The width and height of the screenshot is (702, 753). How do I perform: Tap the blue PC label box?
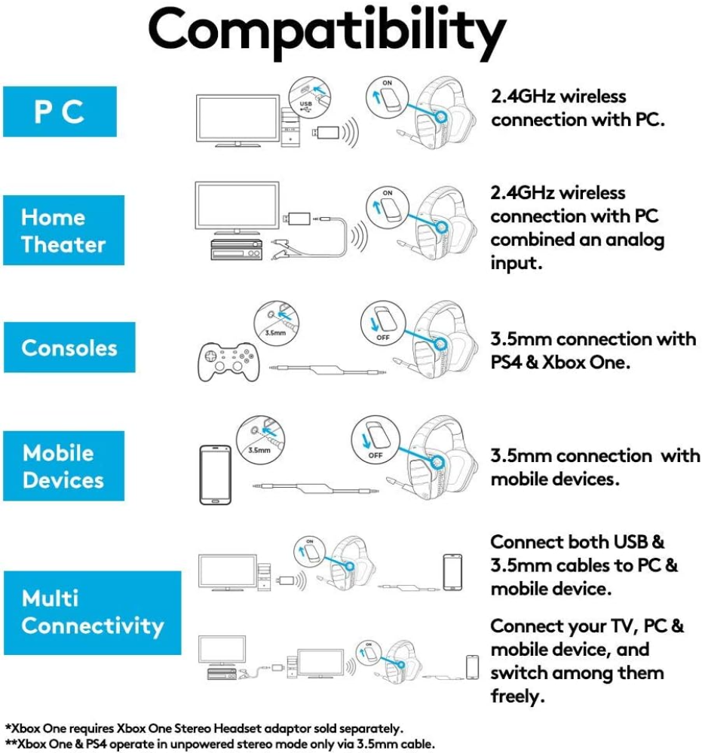(x=60, y=112)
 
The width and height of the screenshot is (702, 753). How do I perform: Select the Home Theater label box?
(x=63, y=230)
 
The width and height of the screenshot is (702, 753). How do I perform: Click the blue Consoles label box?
(x=69, y=347)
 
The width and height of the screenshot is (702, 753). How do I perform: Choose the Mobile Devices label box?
(x=63, y=466)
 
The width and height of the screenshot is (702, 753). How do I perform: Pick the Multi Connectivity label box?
(x=92, y=613)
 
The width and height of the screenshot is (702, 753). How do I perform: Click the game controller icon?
(x=228, y=362)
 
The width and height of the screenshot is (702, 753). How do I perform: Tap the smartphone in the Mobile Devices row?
(x=215, y=474)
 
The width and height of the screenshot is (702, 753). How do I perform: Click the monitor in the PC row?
(x=238, y=121)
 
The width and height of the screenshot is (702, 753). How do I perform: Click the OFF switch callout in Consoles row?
(x=383, y=323)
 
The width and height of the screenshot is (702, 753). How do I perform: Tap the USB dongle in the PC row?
(x=326, y=133)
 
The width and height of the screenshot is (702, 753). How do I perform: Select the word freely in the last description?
(x=517, y=696)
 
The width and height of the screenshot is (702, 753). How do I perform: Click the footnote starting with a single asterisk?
(x=204, y=729)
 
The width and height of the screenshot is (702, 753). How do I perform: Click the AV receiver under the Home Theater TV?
(x=237, y=249)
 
